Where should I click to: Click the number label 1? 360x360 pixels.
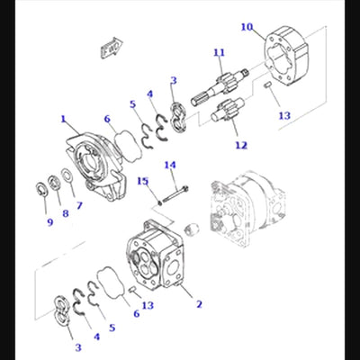pyautogui.click(x=64, y=118)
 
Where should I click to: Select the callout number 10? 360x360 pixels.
pyautogui.click(x=247, y=27)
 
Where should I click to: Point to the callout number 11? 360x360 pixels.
pyautogui.click(x=218, y=53)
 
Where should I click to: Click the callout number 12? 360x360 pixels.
pyautogui.click(x=240, y=145)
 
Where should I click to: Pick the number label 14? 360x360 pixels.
pyautogui.click(x=170, y=165)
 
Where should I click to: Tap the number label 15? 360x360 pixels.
pyautogui.click(x=142, y=181)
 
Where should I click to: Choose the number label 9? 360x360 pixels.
pyautogui.click(x=50, y=221)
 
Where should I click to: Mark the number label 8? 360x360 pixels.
pyautogui.click(x=65, y=213)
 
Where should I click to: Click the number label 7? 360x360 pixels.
pyautogui.click(x=78, y=205)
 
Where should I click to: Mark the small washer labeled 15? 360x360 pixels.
pyautogui.click(x=160, y=202)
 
